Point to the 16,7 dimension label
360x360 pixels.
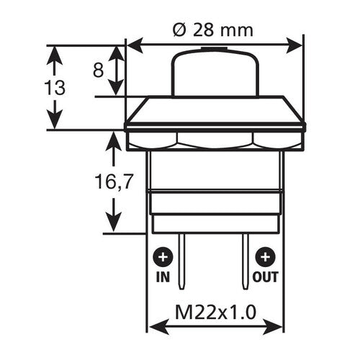tap(107, 183)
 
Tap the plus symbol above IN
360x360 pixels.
tap(163, 257)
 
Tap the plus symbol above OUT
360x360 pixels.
tap(266, 257)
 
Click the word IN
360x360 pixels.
tap(163, 276)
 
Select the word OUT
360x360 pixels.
tap(266, 276)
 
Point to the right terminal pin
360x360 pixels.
tap(244, 259)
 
